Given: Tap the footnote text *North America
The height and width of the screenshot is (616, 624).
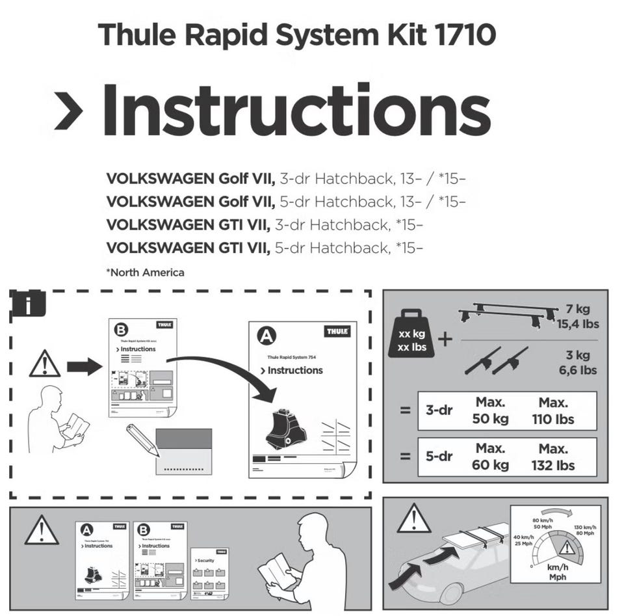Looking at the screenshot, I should click(x=145, y=272).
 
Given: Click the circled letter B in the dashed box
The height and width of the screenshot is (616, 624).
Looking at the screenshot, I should click(x=122, y=330).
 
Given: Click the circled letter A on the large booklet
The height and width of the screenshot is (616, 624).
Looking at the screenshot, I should click(x=266, y=336).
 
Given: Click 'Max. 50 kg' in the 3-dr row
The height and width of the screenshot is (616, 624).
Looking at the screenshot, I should click(x=491, y=410).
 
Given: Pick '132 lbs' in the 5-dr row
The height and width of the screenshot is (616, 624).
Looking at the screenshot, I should click(x=553, y=464).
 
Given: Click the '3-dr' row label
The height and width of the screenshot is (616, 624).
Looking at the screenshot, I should click(x=439, y=410).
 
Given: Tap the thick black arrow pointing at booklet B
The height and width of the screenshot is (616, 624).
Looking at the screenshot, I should click(x=84, y=367).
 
